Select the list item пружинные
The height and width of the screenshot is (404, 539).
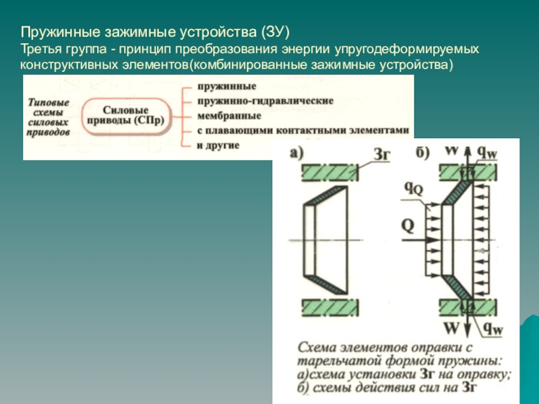(x=226, y=88)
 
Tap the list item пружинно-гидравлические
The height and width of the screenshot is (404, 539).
(x=265, y=100)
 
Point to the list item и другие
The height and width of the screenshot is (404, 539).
(x=218, y=144)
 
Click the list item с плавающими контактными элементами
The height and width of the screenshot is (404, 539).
(x=303, y=129)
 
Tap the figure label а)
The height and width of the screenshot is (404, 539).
(x=297, y=153)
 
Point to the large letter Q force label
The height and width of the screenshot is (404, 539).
(x=407, y=224)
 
